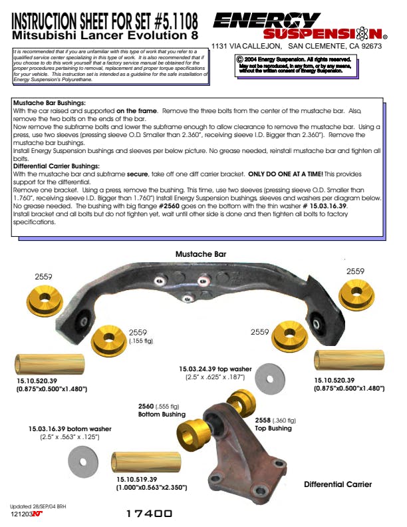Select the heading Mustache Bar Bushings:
pyautogui.click(x=49, y=104)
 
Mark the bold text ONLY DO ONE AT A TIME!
pyautogui.click(x=295, y=173)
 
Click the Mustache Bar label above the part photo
pyautogui.click(x=201, y=254)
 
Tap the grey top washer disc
pyautogui.click(x=269, y=379)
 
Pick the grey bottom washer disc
pyautogui.click(x=82, y=460)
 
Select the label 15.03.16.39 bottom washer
pyautogui.click(x=70, y=429)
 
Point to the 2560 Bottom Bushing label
pyautogui.click(x=162, y=410)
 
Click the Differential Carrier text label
pyautogui.click(x=338, y=484)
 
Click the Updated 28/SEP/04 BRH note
pyautogui.click(x=38, y=507)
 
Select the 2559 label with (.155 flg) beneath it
pyautogui.click(x=138, y=332)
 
